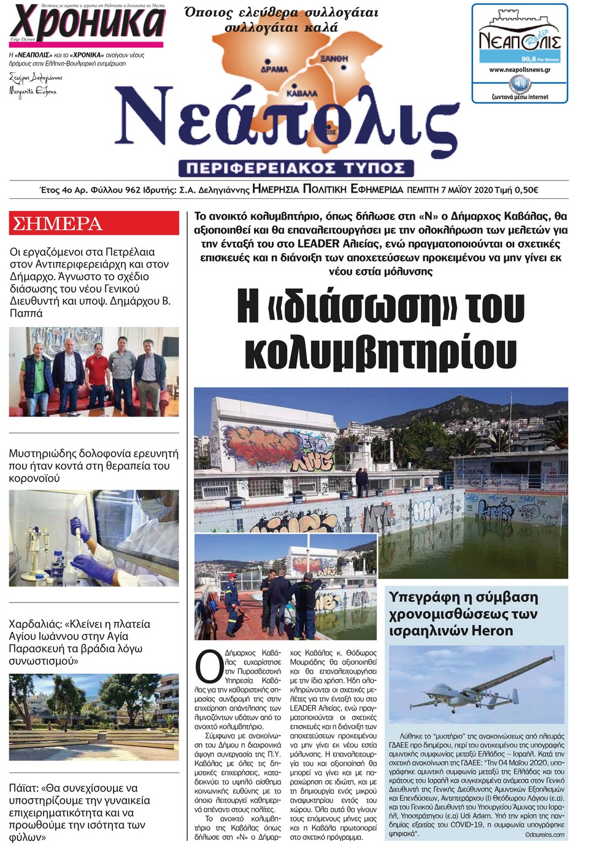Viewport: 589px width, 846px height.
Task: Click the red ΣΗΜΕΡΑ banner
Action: click(x=93, y=224)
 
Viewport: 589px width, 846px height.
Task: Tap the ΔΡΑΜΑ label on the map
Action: click(x=274, y=69)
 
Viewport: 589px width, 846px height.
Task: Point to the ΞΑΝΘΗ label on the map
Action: click(x=334, y=58)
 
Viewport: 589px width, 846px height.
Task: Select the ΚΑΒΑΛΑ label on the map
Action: click(x=302, y=93)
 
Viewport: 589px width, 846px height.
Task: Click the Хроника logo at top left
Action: click(x=87, y=23)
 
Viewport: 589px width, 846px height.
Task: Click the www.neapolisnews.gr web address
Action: click(x=519, y=70)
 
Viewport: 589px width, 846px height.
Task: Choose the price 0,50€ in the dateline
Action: click(x=525, y=190)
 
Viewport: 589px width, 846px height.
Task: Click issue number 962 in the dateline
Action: click(x=133, y=190)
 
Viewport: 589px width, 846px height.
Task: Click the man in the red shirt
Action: click(x=97, y=372)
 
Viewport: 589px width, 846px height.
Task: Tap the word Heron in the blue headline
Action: click(x=491, y=631)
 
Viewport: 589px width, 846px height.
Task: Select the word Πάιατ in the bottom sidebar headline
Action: click(x=23, y=788)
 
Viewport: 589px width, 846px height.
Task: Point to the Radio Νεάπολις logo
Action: click(x=519, y=40)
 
